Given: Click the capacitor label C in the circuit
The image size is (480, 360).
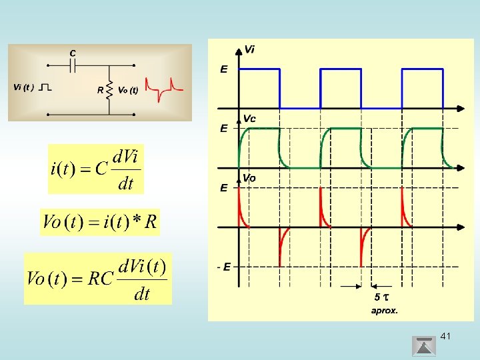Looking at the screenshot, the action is pos(72,53).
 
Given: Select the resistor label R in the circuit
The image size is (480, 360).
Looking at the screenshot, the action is pos(100,89).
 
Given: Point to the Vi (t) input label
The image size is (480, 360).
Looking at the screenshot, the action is pos(24,87).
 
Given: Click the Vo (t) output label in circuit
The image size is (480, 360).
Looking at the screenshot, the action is pos(127,89).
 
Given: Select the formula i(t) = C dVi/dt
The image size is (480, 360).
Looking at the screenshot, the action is pos(96,169).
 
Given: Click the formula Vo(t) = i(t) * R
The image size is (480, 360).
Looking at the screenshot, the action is pos(100,222).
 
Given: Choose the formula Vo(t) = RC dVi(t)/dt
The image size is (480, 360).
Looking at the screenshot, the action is pos(97,279).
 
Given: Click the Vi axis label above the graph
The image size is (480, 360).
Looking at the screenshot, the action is pos(249,49).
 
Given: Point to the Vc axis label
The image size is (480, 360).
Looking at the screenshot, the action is pos(249,119).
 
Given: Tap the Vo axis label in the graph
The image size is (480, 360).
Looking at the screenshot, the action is pos(249,178).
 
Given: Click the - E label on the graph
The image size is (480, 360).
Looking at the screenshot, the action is pos(224,267).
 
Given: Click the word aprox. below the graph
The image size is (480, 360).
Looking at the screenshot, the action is pos(384,310).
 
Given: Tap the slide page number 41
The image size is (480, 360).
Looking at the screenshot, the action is pos(445,336).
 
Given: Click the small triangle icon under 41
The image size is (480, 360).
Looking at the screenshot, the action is pos(424,347).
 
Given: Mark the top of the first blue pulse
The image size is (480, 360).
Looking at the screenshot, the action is pos(259,69).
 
